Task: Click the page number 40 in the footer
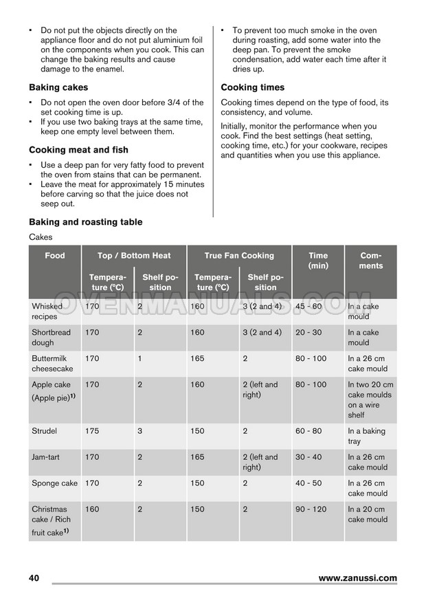pos(34,578)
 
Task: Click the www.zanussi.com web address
pos(357,578)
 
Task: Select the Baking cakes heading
pos(58,88)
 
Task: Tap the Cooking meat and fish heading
pos(78,150)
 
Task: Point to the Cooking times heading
pos(253,88)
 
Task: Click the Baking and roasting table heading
pos(86,222)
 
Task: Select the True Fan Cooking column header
pos(238,256)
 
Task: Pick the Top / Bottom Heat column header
pos(134,256)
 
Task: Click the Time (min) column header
pos(318,261)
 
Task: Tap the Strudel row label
pos(45,431)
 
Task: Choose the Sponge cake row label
pos(54,483)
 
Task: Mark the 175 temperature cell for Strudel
pos(92,431)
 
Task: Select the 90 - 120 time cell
pos(311,509)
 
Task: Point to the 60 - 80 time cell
pos(309,431)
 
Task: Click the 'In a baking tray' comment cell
pos(366,437)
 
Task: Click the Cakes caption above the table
pos(41,237)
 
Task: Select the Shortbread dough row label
pos(51,338)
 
